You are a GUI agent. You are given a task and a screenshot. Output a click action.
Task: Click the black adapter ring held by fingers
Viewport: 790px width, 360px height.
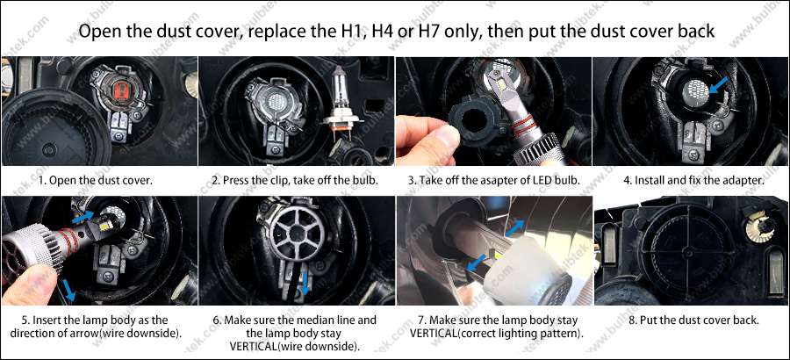470,125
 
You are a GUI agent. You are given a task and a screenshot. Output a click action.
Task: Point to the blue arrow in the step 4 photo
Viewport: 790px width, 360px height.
717,86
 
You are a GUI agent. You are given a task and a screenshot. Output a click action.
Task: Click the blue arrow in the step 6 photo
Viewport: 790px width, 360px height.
305,283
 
